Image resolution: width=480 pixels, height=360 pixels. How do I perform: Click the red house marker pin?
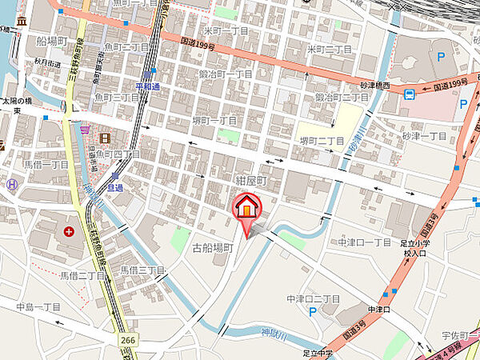tap(247, 207)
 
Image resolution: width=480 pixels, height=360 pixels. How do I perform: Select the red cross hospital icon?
tap(68, 232)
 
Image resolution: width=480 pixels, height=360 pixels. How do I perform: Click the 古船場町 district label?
tap(213, 248)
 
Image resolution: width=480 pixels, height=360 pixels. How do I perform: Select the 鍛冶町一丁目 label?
tap(226, 74)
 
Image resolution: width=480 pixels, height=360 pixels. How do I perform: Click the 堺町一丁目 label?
tap(214, 121)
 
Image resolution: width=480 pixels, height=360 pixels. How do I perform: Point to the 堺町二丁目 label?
tap(322, 141)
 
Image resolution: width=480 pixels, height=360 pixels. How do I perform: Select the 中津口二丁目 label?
tap(313, 299)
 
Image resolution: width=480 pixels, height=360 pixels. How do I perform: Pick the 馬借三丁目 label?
tap(142, 270)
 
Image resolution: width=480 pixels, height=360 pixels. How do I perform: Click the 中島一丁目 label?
tap(38, 306)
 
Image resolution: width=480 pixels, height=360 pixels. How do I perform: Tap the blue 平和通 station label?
tap(149, 86)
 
